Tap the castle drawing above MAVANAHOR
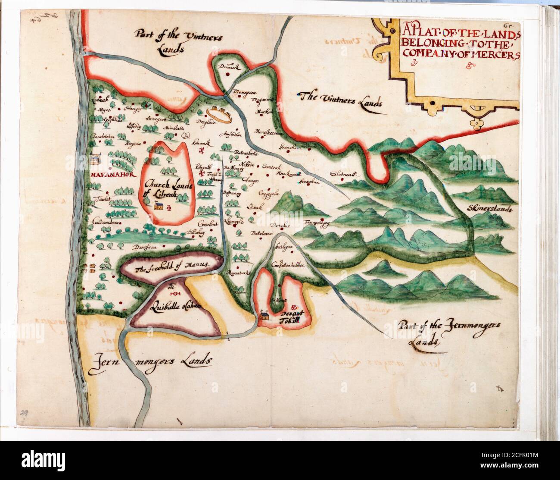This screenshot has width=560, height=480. click(x=94, y=160)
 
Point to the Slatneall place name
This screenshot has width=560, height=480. click(x=345, y=174)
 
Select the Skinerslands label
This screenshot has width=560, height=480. click(x=488, y=209)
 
